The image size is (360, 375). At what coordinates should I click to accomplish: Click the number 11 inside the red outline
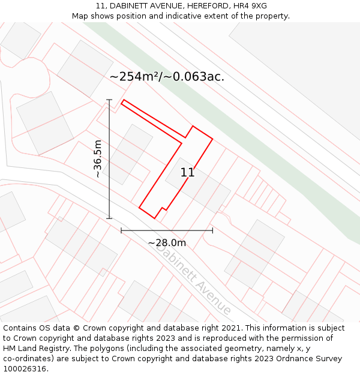tap(187, 173)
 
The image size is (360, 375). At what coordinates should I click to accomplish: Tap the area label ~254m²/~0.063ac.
tap(167, 77)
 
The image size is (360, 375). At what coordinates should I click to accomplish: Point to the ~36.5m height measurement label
tap(98, 159)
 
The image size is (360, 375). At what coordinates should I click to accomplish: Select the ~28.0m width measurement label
tap(167, 243)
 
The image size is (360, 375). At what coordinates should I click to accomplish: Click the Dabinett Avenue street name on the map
tap(193, 280)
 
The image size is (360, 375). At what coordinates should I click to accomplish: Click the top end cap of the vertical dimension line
tap(109, 100)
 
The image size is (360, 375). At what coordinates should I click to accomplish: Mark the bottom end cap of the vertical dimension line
tap(109, 218)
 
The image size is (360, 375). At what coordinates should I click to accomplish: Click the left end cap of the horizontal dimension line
tap(121, 230)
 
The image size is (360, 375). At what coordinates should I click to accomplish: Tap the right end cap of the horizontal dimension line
tap(212, 230)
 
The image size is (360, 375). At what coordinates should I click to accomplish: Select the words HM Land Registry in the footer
tap(32, 349)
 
